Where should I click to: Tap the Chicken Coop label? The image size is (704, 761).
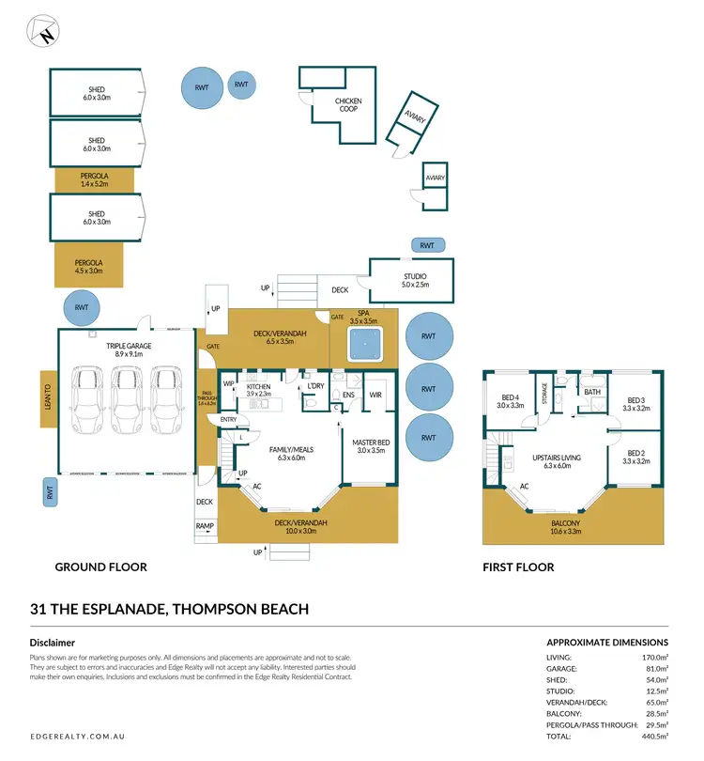click(348, 105)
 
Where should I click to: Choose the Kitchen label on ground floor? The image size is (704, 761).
click(258, 390)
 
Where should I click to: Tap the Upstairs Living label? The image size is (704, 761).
click(558, 461)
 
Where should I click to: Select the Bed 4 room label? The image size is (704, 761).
click(510, 401)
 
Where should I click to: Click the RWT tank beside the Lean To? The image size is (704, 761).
click(48, 491)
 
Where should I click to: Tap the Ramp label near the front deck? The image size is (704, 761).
click(205, 527)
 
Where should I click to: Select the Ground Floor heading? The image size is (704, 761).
click(100, 567)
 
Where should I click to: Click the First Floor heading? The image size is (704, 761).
click(517, 567)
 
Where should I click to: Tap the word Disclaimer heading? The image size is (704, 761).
click(53, 643)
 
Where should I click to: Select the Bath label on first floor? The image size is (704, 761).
click(592, 392)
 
